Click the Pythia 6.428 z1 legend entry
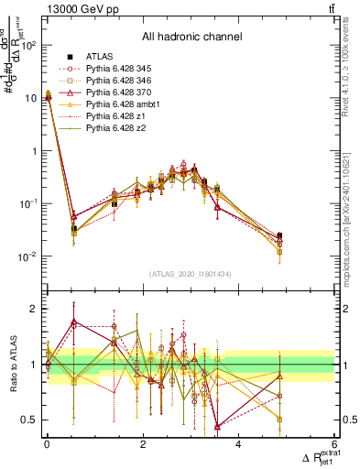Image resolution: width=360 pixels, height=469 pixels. [111, 116]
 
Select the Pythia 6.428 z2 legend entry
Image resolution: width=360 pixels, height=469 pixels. [111, 128]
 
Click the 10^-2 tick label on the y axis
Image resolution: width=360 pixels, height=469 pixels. [27, 256]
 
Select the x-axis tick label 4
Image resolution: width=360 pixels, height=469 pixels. [239, 444]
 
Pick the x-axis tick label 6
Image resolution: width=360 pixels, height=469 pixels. [335, 444]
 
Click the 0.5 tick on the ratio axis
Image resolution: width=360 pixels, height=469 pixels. [28, 420]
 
